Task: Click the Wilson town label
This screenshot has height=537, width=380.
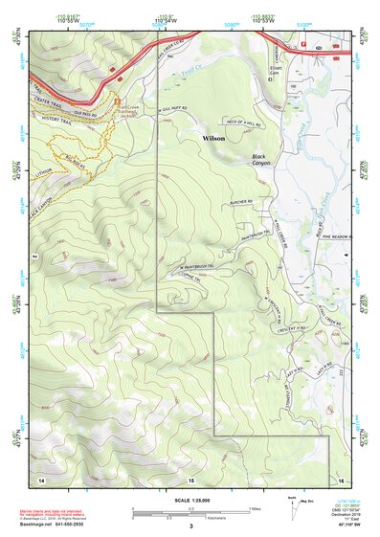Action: [214, 139]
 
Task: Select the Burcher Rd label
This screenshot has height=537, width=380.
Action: [239, 202]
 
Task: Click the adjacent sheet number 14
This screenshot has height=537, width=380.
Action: [41, 477]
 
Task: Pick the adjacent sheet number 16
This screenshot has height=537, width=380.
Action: [340, 477]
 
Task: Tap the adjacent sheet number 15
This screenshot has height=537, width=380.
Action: [190, 477]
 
